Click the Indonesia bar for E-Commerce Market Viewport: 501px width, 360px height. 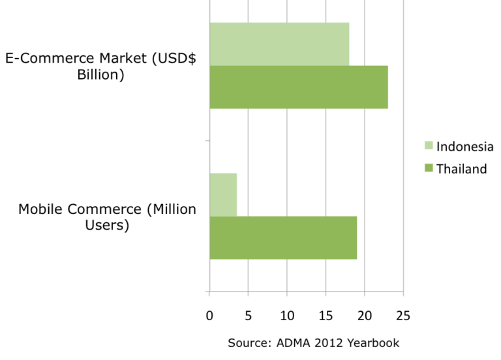279,44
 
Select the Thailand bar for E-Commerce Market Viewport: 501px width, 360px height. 299,87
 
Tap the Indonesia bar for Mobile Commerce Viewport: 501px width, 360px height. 223,194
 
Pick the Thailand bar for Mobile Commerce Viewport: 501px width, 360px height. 283,237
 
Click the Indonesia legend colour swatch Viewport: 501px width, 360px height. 428,146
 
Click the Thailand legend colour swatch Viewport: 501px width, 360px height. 428,169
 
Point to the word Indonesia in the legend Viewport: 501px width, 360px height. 464,146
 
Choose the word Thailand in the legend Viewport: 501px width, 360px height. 461,169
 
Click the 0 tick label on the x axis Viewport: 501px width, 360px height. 209,316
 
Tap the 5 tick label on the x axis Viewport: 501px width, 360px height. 248,316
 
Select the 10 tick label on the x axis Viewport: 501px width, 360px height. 287,316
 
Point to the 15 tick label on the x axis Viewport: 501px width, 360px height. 326,316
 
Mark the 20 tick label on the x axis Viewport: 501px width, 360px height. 365,316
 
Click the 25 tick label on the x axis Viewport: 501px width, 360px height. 403,316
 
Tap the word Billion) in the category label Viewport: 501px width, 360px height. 100,74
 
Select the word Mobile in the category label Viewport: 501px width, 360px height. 41,209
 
